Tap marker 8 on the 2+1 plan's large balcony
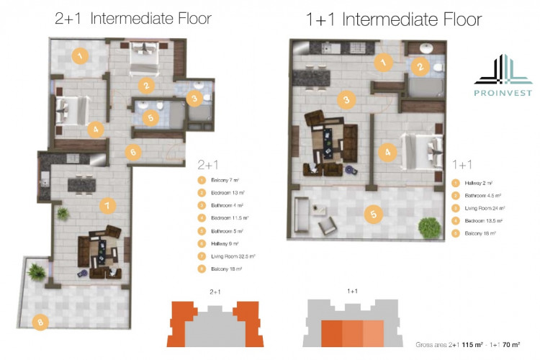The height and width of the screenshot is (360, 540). click(x=41, y=323)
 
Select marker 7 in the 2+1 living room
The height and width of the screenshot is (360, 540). click(x=107, y=205)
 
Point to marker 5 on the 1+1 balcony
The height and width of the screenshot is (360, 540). click(x=372, y=213)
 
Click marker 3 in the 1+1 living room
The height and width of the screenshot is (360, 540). click(x=346, y=100)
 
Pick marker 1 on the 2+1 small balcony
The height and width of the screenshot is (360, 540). click(x=81, y=55)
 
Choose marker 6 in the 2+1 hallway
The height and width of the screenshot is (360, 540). click(x=130, y=152)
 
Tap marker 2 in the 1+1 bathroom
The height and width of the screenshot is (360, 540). click(x=419, y=67)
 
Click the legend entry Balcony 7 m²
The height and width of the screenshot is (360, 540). click(x=224, y=180)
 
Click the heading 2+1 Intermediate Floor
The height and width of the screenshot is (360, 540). click(x=132, y=18)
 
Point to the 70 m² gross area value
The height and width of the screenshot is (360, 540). click(x=510, y=345)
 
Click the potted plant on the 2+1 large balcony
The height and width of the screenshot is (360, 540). click(x=35, y=271)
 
